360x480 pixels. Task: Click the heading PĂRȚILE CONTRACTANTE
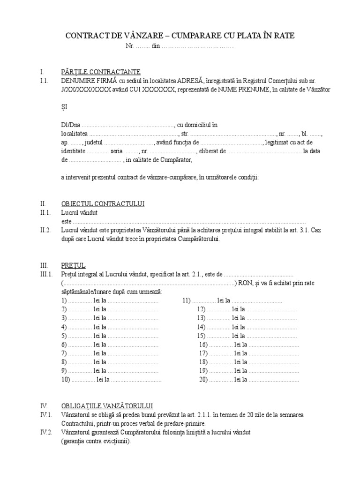click(x=101, y=72)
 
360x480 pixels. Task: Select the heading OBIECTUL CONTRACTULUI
click(x=103, y=204)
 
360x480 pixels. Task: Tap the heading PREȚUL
click(x=73, y=265)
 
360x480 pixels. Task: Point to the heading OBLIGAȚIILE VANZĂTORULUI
click(x=107, y=405)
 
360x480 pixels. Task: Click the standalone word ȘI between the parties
click(x=65, y=107)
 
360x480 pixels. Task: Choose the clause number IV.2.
click(x=46, y=432)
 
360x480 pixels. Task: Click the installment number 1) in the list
click(x=64, y=300)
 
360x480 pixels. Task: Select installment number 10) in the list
click(x=66, y=380)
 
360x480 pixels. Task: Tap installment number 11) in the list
click(x=187, y=300)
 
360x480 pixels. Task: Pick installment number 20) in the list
click(x=203, y=380)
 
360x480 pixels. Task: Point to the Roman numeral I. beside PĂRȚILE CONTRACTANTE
click(x=42, y=72)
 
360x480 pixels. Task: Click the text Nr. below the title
click(x=129, y=46)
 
